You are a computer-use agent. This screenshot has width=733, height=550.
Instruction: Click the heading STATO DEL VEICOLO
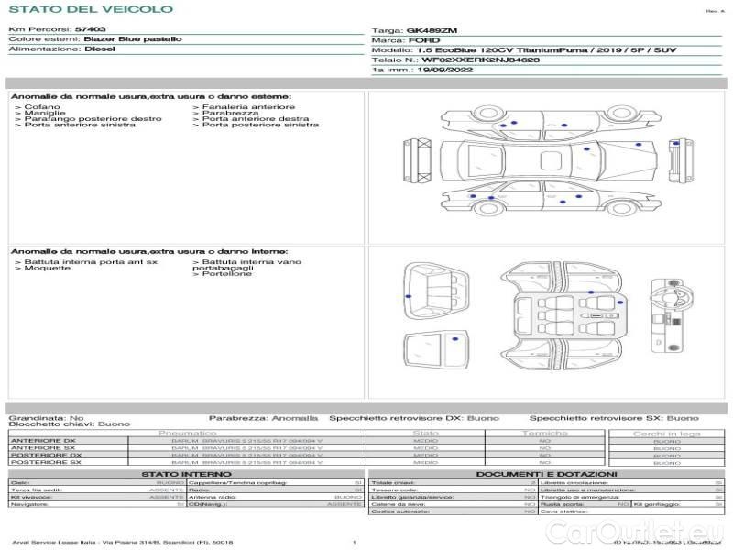point(91,9)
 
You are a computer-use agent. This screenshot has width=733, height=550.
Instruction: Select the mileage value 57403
point(90,29)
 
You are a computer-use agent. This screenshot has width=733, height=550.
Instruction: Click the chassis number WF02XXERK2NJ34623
point(480,60)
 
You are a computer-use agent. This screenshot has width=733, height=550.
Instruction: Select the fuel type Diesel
point(99,49)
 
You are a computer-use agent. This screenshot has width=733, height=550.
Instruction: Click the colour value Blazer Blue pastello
point(133,39)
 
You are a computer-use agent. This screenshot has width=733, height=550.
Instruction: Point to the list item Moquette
point(45,269)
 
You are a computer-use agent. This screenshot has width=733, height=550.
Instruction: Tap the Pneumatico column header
point(187,433)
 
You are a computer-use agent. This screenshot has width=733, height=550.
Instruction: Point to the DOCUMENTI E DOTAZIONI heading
point(547,473)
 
